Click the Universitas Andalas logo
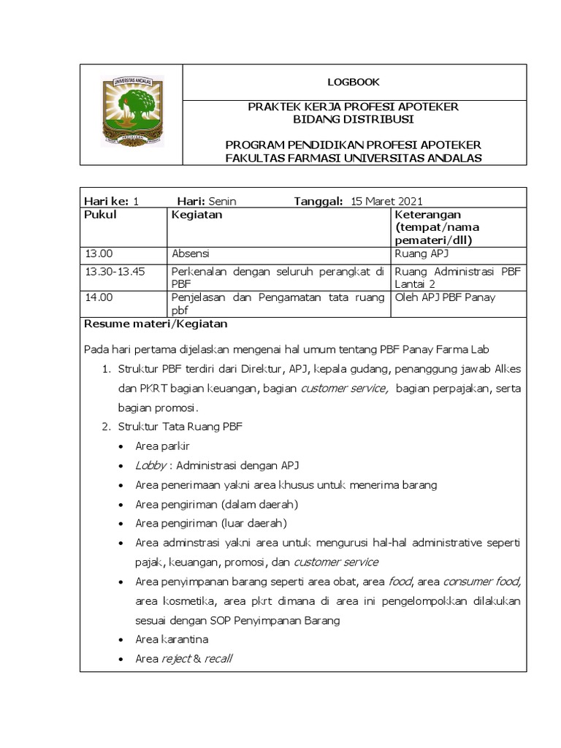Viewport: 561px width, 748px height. tap(131, 112)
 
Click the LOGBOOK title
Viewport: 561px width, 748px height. tap(354, 83)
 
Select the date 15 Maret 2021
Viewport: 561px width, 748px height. tap(387, 202)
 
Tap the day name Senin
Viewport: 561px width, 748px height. tap(222, 202)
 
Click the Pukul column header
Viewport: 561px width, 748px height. tap(101, 215)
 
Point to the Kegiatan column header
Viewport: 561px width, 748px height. tap(196, 215)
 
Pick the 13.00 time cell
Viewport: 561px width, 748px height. tap(99, 254)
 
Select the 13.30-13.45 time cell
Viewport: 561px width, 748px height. tap(115, 271)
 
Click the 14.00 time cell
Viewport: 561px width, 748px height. tap(99, 297)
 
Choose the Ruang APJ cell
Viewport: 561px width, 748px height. tap(421, 254)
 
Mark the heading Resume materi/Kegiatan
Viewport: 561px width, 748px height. tap(156, 323)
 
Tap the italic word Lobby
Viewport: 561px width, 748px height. tap(150, 465)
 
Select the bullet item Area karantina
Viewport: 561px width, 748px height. tap(172, 639)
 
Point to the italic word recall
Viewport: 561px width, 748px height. tap(218, 659)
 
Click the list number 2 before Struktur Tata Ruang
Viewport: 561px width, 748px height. tap(105, 427)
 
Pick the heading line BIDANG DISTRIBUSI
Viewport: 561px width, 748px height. tap(354, 119)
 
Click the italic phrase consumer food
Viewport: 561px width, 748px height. tap(481, 581)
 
